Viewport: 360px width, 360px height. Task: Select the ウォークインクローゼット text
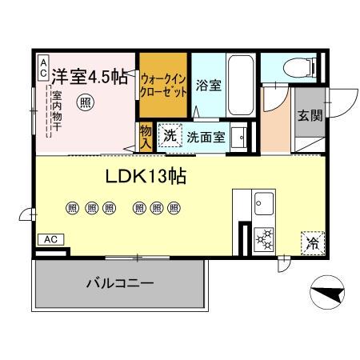163,86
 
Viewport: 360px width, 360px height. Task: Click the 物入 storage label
146,137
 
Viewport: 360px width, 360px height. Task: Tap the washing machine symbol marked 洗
170,136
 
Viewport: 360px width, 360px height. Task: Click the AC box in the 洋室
42,66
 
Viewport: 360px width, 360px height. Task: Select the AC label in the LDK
50,239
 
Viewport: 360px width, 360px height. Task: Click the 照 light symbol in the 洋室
84,102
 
